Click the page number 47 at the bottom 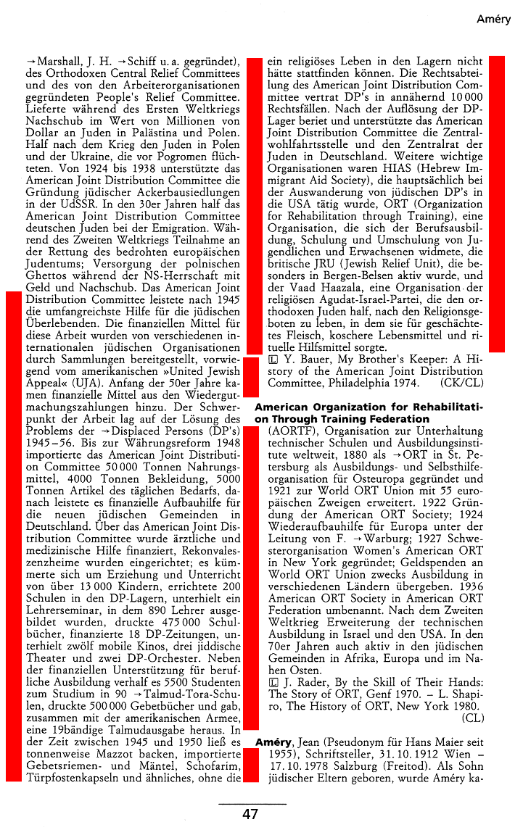tap(250, 814)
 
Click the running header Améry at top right tap(493, 20)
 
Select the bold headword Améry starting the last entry tap(273, 743)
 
